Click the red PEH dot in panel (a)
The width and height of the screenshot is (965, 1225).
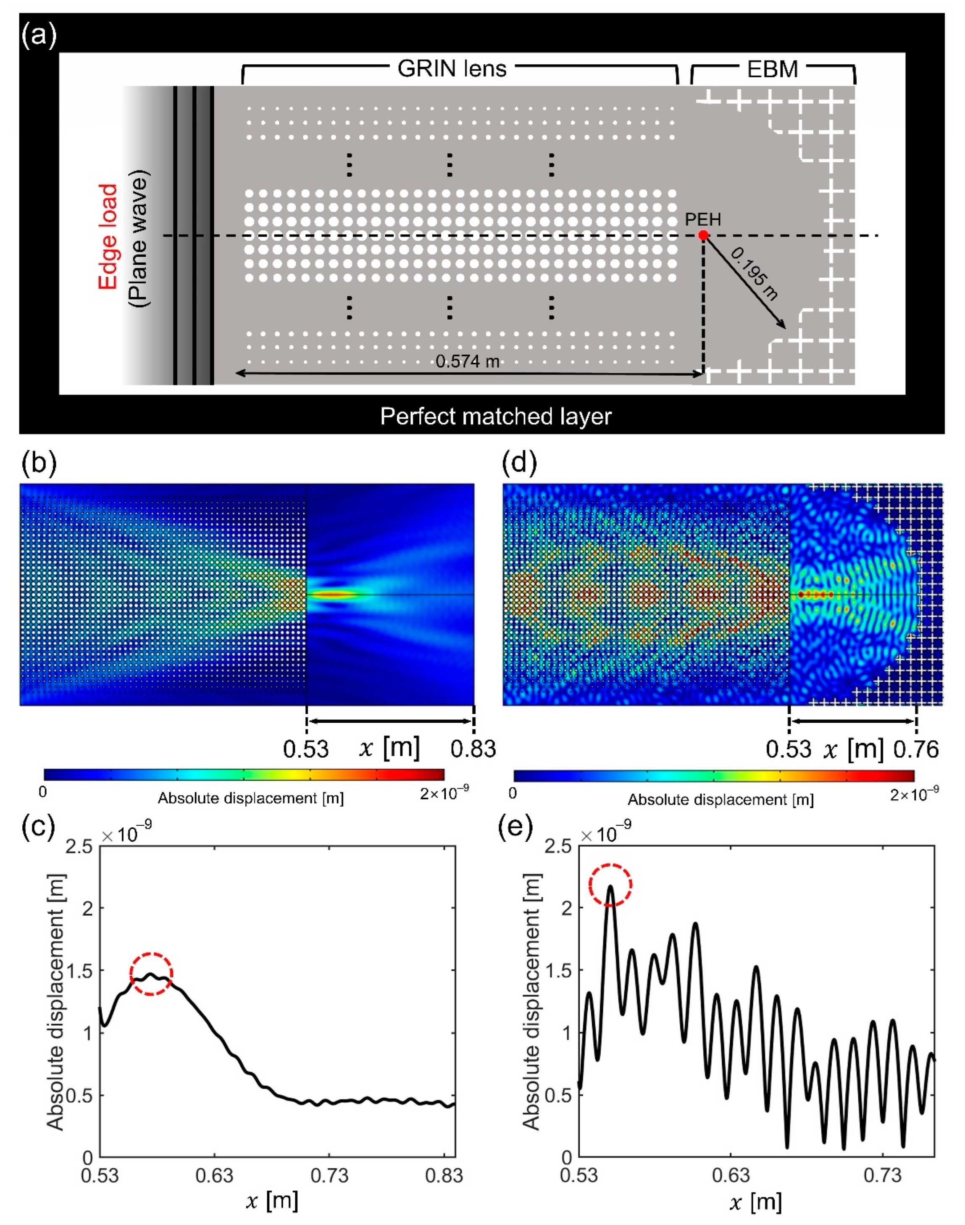(x=703, y=235)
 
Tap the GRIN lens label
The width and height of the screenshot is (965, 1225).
(x=452, y=69)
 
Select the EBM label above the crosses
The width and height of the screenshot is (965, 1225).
(x=772, y=69)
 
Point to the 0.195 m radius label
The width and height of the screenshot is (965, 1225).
(x=754, y=274)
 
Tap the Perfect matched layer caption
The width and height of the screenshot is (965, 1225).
(x=495, y=416)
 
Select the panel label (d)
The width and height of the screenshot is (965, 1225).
(x=519, y=463)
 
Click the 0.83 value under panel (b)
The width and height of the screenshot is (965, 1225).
(x=473, y=749)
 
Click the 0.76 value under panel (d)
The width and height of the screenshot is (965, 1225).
(x=916, y=749)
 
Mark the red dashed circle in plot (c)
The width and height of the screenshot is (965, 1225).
(x=151, y=974)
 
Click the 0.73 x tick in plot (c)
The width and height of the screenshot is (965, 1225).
(x=329, y=1176)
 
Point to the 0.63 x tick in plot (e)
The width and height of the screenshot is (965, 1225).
(x=731, y=1176)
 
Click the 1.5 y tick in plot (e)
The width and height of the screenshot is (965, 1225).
(x=558, y=970)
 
